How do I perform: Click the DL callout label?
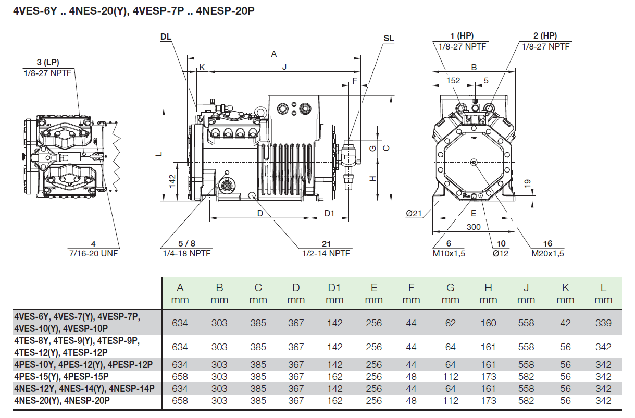(x=166, y=36)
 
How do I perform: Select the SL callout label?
(x=389, y=39)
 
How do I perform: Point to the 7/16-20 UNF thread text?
(x=94, y=253)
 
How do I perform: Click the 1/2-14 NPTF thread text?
(x=326, y=253)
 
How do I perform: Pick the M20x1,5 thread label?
(x=547, y=253)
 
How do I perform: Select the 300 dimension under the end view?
(x=474, y=227)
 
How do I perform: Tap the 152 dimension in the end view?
(x=454, y=80)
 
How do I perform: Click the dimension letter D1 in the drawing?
(x=329, y=213)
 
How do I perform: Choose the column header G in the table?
(x=451, y=288)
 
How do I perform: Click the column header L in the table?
(x=603, y=288)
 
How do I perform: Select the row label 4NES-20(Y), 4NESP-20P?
(x=62, y=401)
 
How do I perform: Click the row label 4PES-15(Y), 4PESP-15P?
(x=61, y=376)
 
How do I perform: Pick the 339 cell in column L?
(x=603, y=323)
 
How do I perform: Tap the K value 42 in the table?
(x=565, y=323)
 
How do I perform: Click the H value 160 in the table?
(x=488, y=323)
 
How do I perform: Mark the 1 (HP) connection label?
(x=461, y=36)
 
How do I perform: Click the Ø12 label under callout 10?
(x=501, y=253)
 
